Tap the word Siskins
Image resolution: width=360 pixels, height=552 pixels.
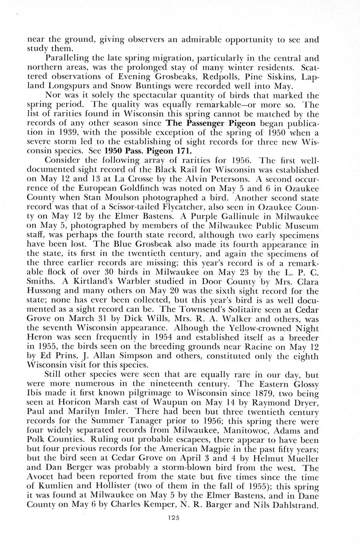click(x=286, y=76)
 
